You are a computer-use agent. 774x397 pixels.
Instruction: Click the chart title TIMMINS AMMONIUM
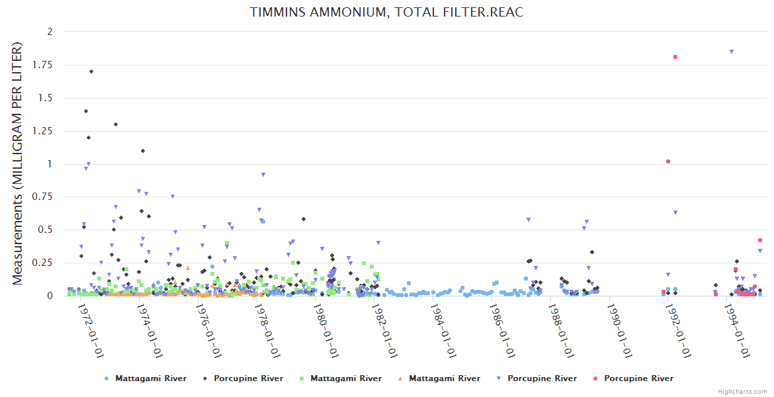pos(387,13)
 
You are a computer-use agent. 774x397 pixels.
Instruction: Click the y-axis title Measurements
pos(18,163)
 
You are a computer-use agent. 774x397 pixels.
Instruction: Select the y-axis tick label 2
pos(50,32)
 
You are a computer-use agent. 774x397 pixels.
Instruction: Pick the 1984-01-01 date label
pos(443,330)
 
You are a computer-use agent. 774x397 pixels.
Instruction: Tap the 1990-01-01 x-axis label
pos(619,330)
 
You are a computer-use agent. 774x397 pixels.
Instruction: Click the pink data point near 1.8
pos(675,57)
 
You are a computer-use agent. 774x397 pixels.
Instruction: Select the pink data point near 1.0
pos(668,161)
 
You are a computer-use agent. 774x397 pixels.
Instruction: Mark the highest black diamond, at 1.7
pos(91,71)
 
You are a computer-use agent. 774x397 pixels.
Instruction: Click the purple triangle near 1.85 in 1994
pos(732,52)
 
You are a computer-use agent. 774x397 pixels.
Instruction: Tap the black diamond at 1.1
pos(142,151)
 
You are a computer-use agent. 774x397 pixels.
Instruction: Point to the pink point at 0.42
pos(760,240)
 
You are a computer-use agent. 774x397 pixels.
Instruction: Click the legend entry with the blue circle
pos(146,378)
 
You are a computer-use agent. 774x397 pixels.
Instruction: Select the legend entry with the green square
pos(341,378)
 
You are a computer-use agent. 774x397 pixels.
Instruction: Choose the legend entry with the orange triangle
pos(439,378)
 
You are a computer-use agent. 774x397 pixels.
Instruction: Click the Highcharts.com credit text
pos(742,391)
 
